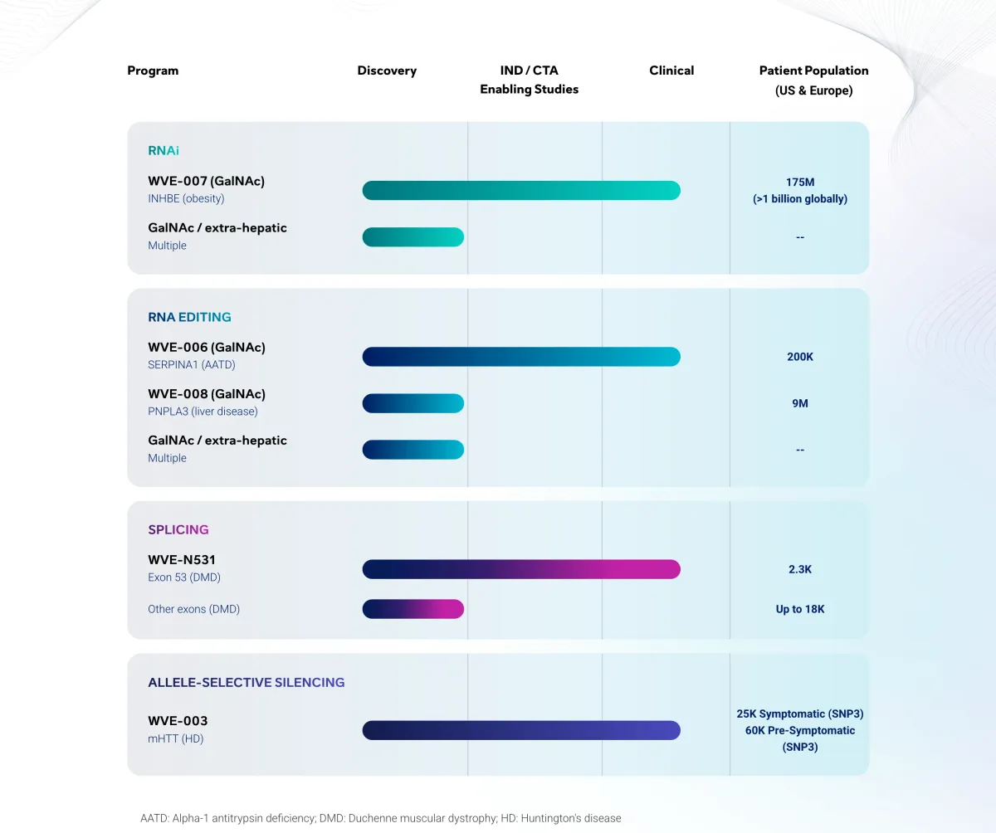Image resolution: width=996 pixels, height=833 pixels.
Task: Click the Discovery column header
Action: pos(387,71)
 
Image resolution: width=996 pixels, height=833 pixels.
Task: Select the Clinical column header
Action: pos(671,71)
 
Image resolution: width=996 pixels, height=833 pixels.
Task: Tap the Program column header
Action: pos(153,71)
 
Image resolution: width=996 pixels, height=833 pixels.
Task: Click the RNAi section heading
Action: pos(164,150)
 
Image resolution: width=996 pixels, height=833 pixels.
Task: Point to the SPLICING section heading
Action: pos(178,529)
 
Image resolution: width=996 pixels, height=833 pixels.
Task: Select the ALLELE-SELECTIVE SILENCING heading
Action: pos(247,683)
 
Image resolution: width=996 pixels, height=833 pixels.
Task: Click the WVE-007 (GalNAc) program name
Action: pos(207,181)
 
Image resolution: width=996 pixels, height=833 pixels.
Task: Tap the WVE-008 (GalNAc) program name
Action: pos(207,394)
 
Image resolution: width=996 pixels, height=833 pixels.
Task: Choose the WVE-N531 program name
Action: pos(182,560)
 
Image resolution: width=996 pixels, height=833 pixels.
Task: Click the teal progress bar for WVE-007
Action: pos(521,190)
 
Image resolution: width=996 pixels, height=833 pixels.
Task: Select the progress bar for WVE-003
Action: pos(521,730)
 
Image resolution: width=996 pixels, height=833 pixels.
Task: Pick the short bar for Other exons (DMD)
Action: pos(413,609)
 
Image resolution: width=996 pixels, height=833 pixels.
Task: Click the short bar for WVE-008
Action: pos(413,403)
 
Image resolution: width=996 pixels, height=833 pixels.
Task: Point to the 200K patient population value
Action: pos(800,357)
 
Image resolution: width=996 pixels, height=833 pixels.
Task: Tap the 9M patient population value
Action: pos(800,403)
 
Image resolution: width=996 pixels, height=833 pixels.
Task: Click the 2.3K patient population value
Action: pos(800,569)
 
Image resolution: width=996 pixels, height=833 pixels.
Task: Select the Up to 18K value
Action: pos(800,609)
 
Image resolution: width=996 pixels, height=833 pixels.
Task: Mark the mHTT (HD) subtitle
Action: pos(175,738)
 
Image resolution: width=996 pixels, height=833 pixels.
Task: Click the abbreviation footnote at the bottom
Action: pos(380,818)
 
